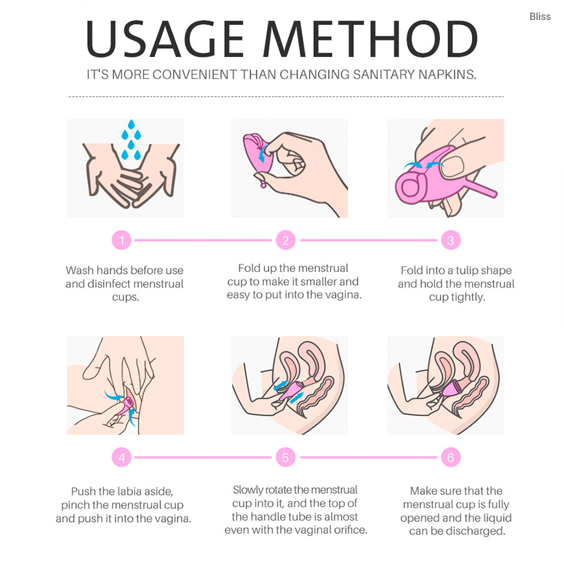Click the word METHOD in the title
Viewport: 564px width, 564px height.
coord(370,39)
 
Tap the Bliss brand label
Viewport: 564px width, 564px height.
coord(540,16)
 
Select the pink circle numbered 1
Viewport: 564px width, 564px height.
coord(122,240)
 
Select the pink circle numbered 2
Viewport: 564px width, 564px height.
coord(286,240)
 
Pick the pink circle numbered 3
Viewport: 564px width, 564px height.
coord(451,240)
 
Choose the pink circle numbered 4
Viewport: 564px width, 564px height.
coord(122,457)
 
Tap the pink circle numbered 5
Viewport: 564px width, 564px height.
coord(286,457)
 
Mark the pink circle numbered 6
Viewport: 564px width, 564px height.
coord(451,457)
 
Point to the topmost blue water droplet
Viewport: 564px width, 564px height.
coord(132,125)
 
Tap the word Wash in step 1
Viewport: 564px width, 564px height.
coord(80,270)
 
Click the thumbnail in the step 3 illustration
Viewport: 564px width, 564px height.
coord(453,166)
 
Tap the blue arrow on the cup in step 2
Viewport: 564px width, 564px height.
coord(263,154)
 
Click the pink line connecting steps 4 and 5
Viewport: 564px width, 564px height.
coord(202,457)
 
